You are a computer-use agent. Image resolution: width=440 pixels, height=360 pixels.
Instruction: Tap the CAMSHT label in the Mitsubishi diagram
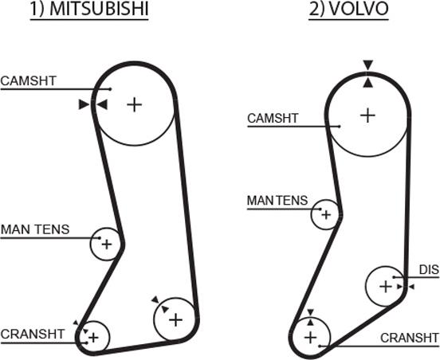tap(29, 80)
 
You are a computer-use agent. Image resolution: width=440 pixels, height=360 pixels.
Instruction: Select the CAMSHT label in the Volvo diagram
tap(273, 118)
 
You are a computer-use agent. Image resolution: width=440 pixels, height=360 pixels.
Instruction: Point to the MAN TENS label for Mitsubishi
tap(35, 229)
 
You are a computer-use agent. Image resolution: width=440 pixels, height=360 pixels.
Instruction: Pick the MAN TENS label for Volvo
tap(277, 201)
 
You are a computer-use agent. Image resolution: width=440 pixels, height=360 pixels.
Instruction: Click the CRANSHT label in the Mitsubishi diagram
tap(33, 334)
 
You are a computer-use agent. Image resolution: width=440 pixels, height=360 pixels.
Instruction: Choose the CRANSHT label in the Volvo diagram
tap(410, 338)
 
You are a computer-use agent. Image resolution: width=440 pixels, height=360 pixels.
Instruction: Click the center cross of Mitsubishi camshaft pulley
tap(135, 105)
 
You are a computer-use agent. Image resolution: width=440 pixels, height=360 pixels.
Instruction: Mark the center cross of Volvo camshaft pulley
tap(367, 115)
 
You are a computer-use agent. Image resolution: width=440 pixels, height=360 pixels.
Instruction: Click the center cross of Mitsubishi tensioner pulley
tap(107, 245)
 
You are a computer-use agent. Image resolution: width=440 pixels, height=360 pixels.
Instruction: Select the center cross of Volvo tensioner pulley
tap(326, 215)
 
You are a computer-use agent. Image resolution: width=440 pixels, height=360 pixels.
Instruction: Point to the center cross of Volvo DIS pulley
tap(386, 287)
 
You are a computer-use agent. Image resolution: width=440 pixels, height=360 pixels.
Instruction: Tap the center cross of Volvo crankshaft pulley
tap(310, 337)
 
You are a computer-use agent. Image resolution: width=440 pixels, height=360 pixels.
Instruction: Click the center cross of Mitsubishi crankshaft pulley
tap(94, 338)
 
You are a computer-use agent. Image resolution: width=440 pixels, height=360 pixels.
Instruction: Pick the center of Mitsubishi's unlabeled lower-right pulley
tap(176, 319)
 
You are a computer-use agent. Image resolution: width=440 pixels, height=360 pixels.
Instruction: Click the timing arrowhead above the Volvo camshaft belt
tap(368, 65)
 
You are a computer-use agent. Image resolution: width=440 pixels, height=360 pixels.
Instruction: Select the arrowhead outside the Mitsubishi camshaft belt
tap(84, 104)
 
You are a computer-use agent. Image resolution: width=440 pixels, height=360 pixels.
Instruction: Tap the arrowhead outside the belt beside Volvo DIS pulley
tap(411, 287)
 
